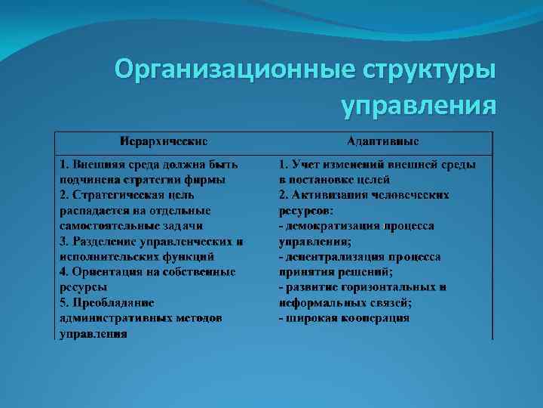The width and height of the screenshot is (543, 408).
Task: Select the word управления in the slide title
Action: (419, 104)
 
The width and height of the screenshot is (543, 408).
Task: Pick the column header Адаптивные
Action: (383, 141)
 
